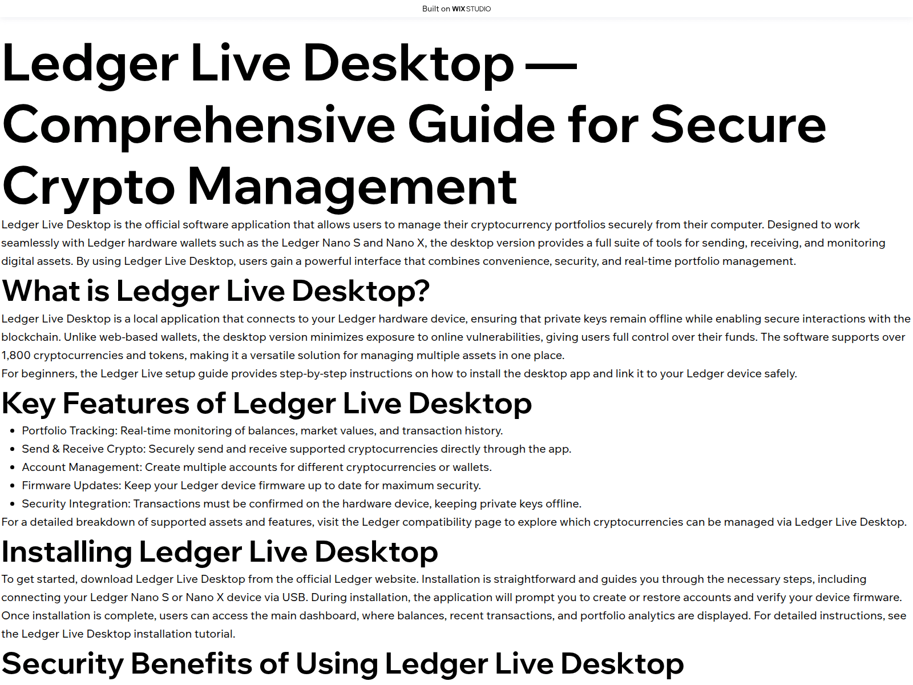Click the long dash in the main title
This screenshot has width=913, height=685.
point(552,65)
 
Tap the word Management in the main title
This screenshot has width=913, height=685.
point(352,188)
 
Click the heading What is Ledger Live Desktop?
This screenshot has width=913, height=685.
point(216,291)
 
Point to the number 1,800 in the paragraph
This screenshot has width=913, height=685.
point(16,356)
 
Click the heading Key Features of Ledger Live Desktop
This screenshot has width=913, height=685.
point(267,403)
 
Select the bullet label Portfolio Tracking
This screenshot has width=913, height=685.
point(69,431)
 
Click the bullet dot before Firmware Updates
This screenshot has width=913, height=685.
point(13,486)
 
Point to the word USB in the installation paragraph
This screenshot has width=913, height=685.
point(294,598)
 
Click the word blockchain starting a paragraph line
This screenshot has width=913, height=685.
point(31,337)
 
